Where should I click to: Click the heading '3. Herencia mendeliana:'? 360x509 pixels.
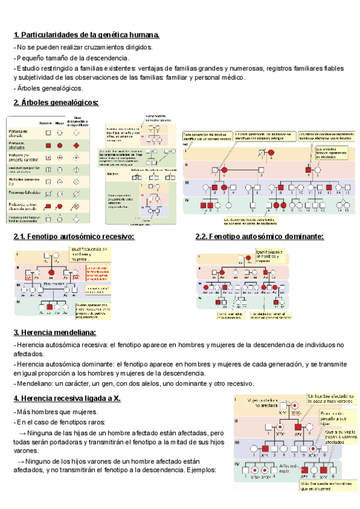(55, 333)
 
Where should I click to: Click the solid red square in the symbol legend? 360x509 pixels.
(47, 146)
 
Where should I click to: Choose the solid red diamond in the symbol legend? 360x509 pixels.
(77, 146)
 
